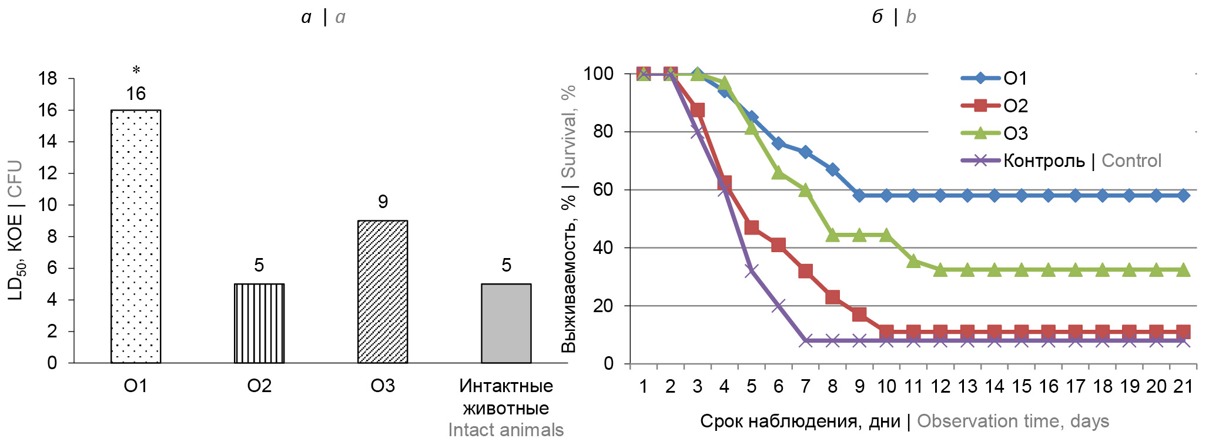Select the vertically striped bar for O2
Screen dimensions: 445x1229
(x=259, y=323)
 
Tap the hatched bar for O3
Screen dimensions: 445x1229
(x=383, y=292)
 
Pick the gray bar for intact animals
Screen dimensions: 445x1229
(x=506, y=323)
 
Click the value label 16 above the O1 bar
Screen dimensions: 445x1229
(x=136, y=93)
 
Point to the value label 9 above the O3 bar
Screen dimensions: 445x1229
(x=383, y=202)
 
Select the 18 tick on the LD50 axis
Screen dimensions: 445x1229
(x=48, y=79)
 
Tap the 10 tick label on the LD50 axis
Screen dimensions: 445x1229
(x=48, y=205)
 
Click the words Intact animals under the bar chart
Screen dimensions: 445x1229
(x=505, y=430)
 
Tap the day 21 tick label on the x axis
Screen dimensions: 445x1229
(x=1183, y=387)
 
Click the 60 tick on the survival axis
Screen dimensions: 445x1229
(x=603, y=190)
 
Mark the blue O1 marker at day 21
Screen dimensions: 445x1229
(x=1183, y=195)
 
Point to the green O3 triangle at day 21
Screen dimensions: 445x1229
(x=1183, y=270)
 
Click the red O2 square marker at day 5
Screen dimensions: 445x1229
(x=751, y=227)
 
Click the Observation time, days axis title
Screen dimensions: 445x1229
(x=1013, y=421)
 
